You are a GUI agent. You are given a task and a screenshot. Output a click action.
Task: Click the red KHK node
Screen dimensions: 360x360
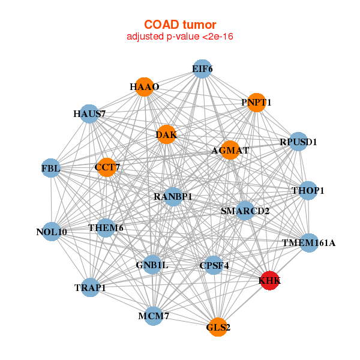click(x=270, y=281)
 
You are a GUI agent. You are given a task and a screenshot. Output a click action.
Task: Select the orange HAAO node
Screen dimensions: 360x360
click(x=143, y=87)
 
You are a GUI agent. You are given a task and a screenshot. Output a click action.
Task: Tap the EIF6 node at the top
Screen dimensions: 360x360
click(x=202, y=69)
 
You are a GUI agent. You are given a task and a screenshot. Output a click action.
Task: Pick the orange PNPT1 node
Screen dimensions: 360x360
click(x=256, y=103)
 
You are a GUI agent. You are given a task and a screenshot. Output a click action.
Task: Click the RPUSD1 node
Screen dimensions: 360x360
click(x=298, y=142)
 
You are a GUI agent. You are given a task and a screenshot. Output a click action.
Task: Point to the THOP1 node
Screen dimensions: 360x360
click(x=308, y=191)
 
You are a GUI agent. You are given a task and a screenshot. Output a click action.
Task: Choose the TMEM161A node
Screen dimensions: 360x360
click(x=309, y=243)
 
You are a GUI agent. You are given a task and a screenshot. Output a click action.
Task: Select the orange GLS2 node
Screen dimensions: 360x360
click(x=218, y=327)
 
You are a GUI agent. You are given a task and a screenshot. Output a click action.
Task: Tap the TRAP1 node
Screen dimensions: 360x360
click(x=91, y=287)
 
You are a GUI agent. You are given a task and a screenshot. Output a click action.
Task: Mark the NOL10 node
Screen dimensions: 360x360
click(x=52, y=232)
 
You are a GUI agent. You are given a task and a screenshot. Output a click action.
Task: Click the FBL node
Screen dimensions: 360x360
click(x=51, y=169)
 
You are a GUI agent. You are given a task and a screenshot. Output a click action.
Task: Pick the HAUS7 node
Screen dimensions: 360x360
click(x=89, y=113)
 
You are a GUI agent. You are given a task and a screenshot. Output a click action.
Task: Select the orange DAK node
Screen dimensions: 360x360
click(x=166, y=135)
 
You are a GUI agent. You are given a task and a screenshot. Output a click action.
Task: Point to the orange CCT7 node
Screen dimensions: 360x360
click(x=106, y=167)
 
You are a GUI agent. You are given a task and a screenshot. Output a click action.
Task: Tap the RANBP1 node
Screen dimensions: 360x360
click(x=173, y=196)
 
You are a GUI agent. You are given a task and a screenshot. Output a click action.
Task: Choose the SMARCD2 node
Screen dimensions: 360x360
click(x=245, y=211)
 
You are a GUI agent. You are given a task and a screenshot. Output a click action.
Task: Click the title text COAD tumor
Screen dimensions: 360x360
click(x=180, y=25)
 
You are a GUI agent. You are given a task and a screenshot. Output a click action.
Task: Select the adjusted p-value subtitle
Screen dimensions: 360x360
click(x=180, y=37)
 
